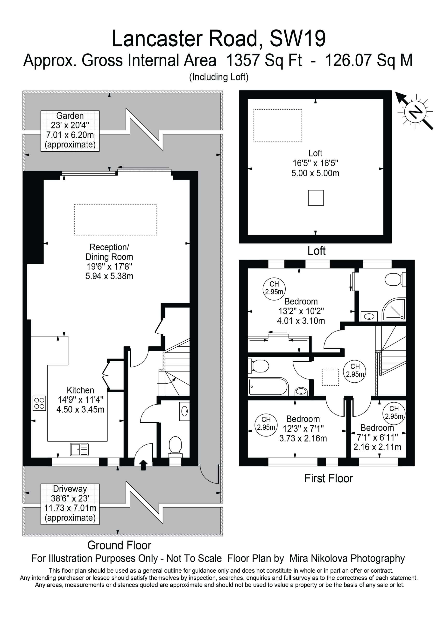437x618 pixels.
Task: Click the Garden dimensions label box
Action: click(x=70, y=131)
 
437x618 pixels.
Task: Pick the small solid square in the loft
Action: click(x=316, y=198)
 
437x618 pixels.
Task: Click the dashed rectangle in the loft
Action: click(x=278, y=125)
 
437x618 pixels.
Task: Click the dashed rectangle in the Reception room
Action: click(x=115, y=220)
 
